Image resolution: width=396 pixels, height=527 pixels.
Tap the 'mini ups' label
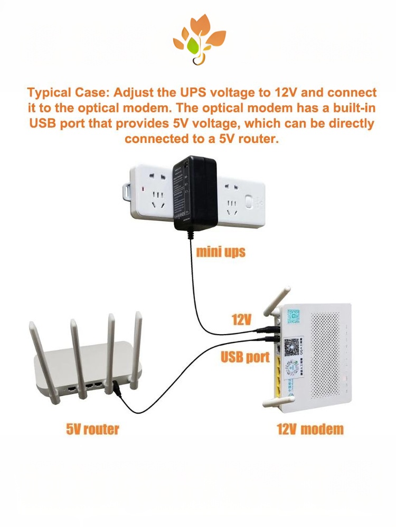(221, 251)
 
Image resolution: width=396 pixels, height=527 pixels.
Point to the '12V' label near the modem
(241, 319)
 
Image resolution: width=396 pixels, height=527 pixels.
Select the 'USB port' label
(245, 357)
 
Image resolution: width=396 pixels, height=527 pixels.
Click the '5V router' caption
(92, 428)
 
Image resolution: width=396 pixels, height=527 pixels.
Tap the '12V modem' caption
(310, 428)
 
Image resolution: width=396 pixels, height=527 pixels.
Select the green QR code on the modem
(294, 316)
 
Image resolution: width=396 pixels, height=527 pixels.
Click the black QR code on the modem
(291, 346)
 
